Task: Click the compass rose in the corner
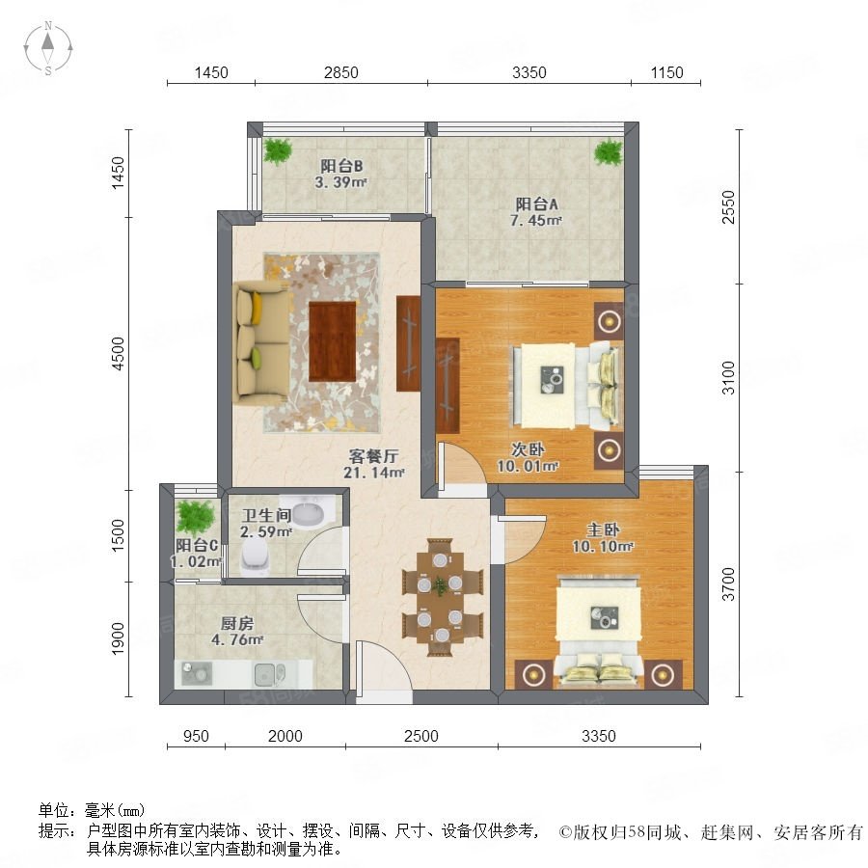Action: pyautogui.click(x=48, y=47)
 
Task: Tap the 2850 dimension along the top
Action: pyautogui.click(x=341, y=72)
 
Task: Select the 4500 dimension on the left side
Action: pyautogui.click(x=119, y=353)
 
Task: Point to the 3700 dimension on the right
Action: pyautogui.click(x=729, y=583)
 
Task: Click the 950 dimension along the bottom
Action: pyautogui.click(x=196, y=736)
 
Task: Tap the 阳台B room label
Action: pyautogui.click(x=341, y=166)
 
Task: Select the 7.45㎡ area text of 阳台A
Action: pyautogui.click(x=535, y=220)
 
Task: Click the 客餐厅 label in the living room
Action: pyautogui.click(x=373, y=456)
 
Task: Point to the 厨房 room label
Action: pyautogui.click(x=237, y=623)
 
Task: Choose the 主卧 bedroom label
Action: pyautogui.click(x=603, y=529)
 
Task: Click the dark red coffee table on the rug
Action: pyautogui.click(x=332, y=341)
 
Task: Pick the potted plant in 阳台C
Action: pyautogui.click(x=195, y=516)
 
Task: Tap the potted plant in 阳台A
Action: pyautogui.click(x=609, y=151)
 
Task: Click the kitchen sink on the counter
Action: pyautogui.click(x=270, y=674)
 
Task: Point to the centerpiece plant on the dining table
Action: pyautogui.click(x=441, y=585)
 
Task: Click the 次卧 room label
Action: pyautogui.click(x=528, y=450)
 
